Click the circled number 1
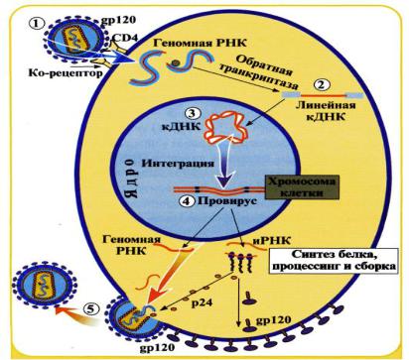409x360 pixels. (37, 24)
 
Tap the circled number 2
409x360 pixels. (323, 85)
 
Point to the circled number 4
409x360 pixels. (188, 201)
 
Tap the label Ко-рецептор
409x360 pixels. (66, 72)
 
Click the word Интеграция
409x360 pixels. (177, 164)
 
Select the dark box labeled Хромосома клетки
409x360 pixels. (302, 187)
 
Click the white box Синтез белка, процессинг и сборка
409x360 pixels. (335, 260)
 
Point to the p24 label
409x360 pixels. (202, 302)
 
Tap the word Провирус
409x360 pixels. (227, 200)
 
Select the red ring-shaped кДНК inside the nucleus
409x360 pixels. (226, 126)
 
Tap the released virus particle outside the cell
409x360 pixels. (45, 284)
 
